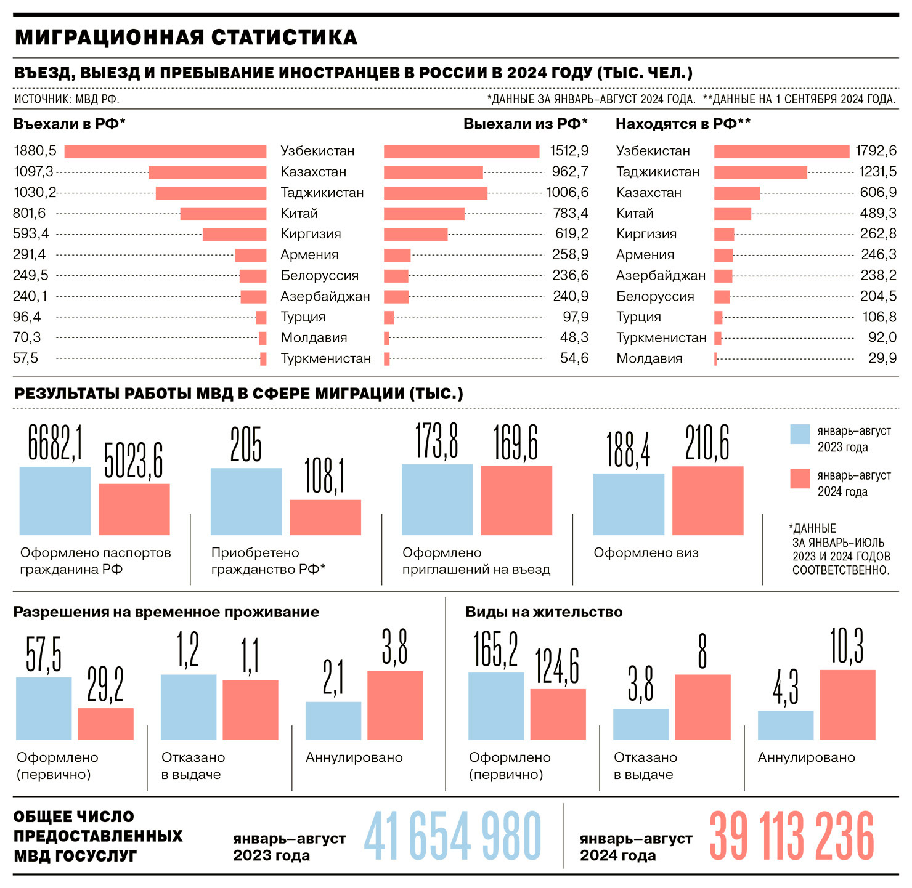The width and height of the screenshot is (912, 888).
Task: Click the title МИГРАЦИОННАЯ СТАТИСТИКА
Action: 185,38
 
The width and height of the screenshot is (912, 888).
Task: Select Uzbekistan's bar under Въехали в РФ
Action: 165,151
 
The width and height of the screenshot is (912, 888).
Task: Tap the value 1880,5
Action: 35,151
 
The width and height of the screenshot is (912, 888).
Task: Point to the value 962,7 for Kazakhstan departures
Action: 570,172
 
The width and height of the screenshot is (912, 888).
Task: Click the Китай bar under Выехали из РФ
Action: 424,214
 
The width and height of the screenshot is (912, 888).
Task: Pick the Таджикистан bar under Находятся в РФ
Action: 760,172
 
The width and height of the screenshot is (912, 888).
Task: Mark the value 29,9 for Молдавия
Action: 882,358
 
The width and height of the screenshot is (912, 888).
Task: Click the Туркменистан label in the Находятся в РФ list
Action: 661,338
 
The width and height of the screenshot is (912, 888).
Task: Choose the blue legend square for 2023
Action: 800,434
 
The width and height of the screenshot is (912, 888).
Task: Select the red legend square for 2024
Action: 800,479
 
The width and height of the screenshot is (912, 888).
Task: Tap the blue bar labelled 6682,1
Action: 55,501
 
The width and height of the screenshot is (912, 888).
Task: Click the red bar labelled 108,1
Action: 325,517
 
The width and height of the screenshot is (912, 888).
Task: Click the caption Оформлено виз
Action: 646,553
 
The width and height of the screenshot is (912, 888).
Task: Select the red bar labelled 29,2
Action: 105,724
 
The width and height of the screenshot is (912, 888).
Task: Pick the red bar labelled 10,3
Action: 847,704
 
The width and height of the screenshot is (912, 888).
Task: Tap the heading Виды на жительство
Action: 544,612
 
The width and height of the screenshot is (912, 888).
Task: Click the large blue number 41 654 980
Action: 452,836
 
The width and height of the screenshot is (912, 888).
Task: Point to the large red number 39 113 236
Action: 792,836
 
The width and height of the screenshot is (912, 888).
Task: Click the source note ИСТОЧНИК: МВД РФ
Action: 67,99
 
